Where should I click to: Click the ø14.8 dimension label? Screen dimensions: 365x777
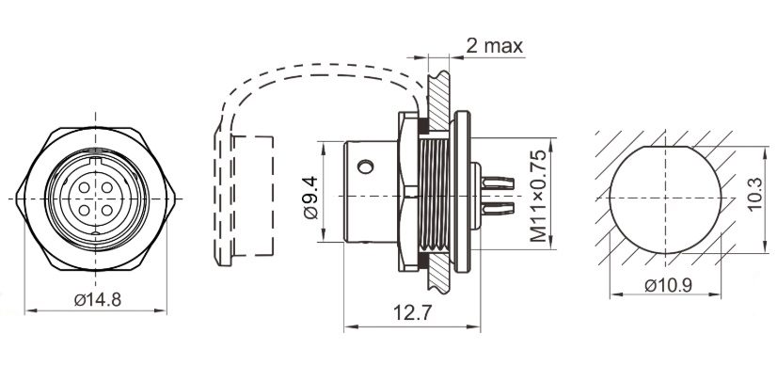click(x=96, y=300)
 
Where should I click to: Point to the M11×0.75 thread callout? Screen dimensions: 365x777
click(x=537, y=198)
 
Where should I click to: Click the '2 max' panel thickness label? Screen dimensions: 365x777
click(x=494, y=44)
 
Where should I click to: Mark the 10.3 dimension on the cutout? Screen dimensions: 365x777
click(x=754, y=199)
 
